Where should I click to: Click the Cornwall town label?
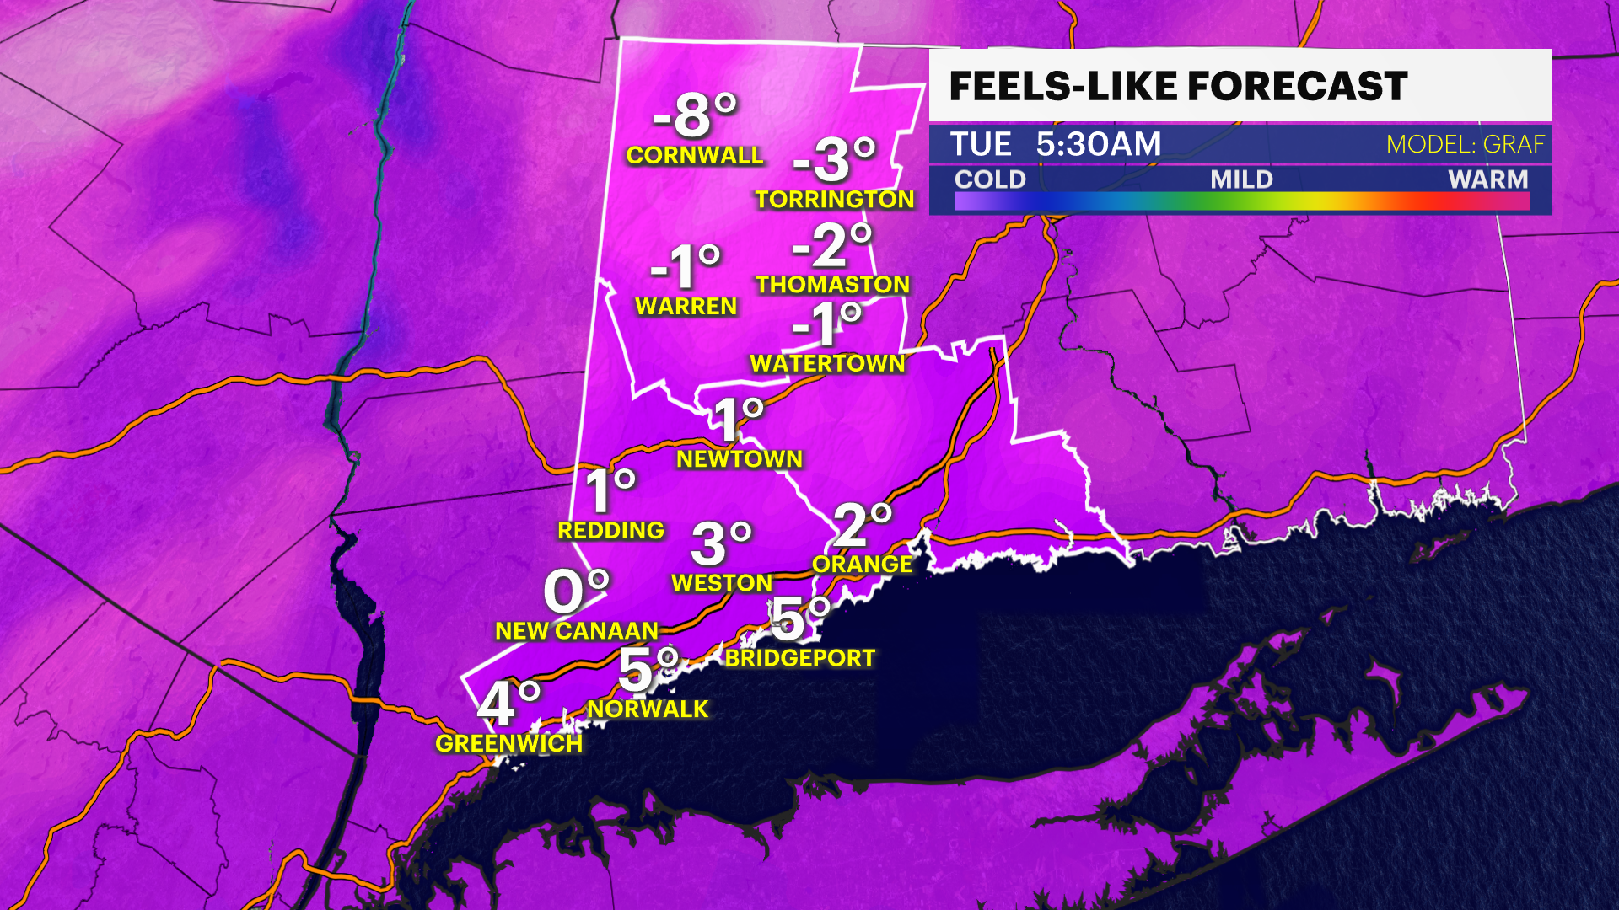(x=694, y=155)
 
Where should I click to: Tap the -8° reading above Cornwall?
(x=695, y=115)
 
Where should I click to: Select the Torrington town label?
(x=834, y=199)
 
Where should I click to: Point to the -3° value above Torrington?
(x=834, y=159)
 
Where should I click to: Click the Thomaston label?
(x=832, y=285)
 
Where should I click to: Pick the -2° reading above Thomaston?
(x=831, y=245)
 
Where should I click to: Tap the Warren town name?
(x=686, y=307)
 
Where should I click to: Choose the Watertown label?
(x=827, y=364)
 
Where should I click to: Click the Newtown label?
(x=740, y=459)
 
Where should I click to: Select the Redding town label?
(x=610, y=531)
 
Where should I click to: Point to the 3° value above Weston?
(x=721, y=543)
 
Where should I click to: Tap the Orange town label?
(x=862, y=565)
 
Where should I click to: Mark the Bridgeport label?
(x=799, y=658)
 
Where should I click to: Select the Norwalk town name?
(x=648, y=709)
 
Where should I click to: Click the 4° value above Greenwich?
(x=508, y=704)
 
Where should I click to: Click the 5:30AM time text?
(x=1098, y=144)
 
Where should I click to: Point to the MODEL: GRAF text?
(x=1466, y=145)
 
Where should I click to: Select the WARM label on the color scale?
(x=1487, y=179)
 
